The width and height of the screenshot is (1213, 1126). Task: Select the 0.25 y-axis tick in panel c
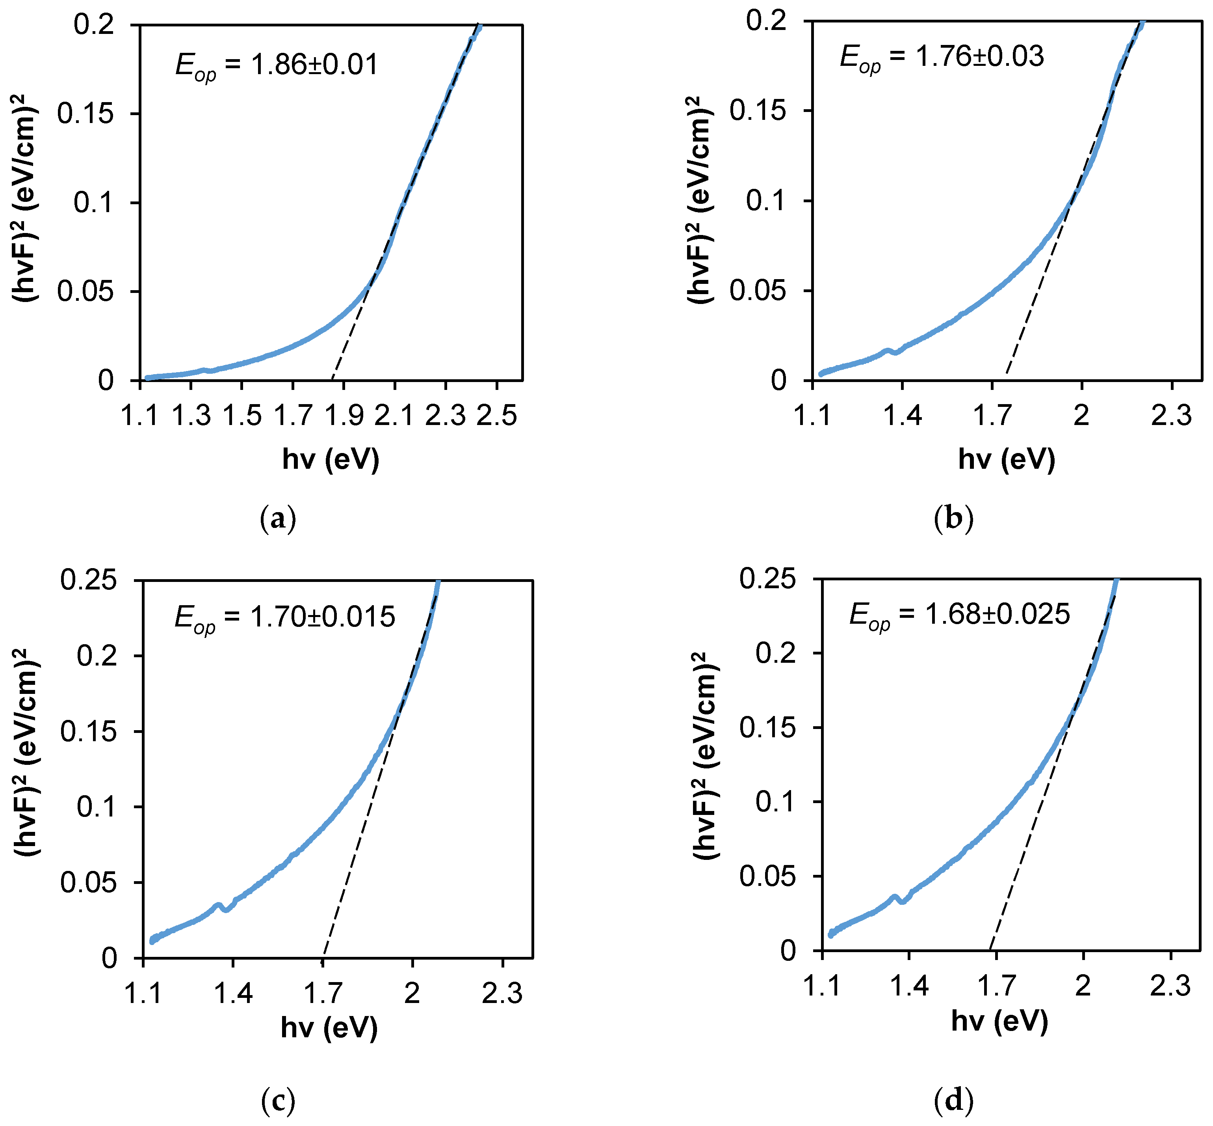pyautogui.click(x=88, y=580)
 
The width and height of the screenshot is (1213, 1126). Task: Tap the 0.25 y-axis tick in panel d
pyautogui.click(x=767, y=578)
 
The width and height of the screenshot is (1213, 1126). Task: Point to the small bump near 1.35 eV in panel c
pyautogui.click(x=217, y=906)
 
